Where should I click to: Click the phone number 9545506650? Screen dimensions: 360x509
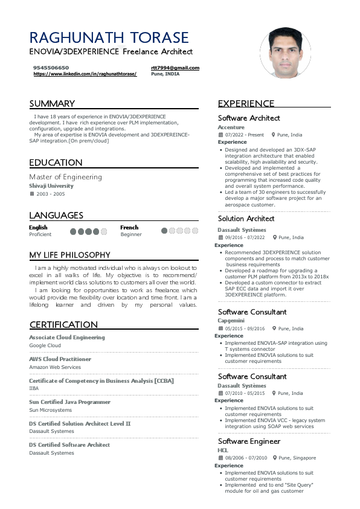coord(51,68)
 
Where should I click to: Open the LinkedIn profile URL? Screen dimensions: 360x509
coord(85,74)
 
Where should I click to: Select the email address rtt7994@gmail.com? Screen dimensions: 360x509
coord(175,68)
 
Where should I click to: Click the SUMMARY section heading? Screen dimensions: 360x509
coord(52,103)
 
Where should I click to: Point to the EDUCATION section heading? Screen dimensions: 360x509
coord(56,162)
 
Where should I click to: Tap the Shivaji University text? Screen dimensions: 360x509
coord(51,186)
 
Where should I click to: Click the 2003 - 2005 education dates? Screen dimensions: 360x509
coord(51,194)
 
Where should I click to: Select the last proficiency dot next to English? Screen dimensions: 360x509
coord(103,231)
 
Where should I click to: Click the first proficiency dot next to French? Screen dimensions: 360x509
coord(164,231)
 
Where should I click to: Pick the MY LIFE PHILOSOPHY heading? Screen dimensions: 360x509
coord(69,255)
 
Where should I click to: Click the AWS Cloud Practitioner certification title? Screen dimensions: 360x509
coord(60,359)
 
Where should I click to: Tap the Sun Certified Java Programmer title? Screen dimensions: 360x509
coord(69,402)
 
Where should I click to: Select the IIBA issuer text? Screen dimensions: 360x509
coord(34,388)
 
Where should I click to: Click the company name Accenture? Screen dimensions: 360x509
coord(231,127)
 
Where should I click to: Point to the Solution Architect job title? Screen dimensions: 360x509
coord(246,219)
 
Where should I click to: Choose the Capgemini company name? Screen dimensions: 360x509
coord(231,320)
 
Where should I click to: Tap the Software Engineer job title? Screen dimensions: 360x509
coord(249,441)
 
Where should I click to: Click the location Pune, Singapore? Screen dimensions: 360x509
coord(297,458)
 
